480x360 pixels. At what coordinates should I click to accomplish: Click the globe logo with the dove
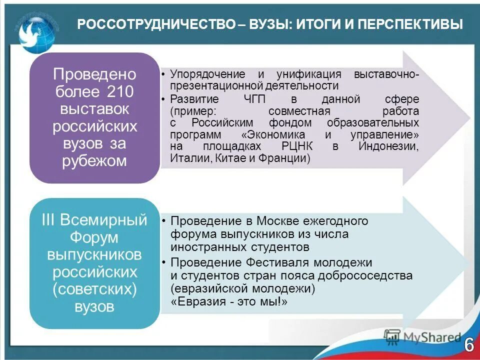click(x=38, y=30)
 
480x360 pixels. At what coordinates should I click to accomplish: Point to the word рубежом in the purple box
click(x=94, y=161)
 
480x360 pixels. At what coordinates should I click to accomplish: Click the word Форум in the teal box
click(x=94, y=237)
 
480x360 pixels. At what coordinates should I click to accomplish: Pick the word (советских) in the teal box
click(x=94, y=289)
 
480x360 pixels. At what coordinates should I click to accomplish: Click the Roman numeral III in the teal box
click(x=48, y=220)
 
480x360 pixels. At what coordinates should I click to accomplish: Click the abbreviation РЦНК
click(x=297, y=146)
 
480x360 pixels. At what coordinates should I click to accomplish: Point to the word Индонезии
click(x=388, y=146)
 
